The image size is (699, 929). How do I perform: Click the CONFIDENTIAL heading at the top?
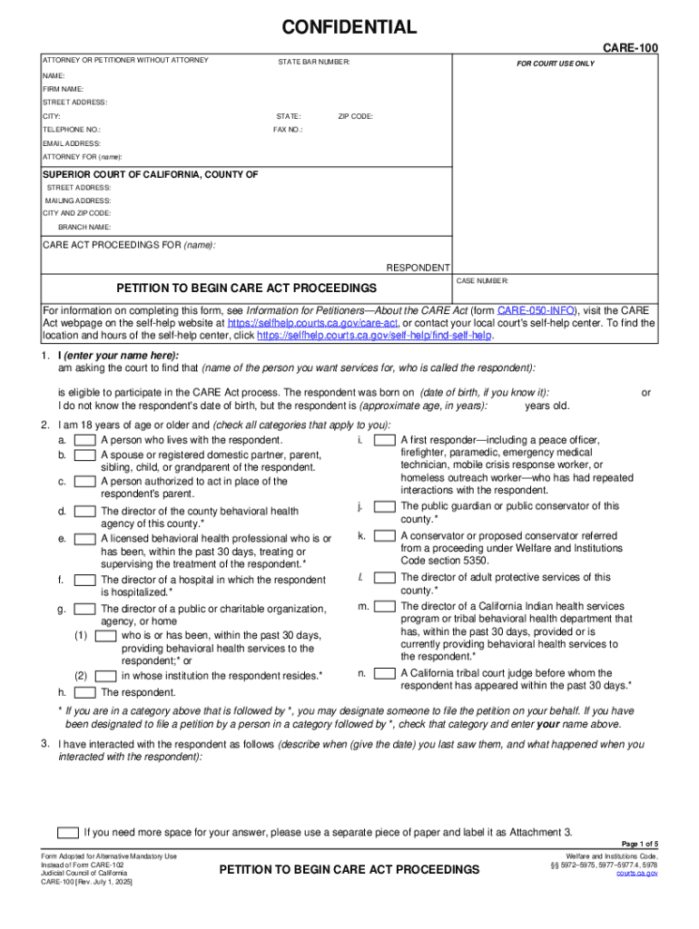coord(349,27)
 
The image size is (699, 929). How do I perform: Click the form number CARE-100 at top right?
coord(631,46)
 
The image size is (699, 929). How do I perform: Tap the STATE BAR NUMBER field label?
coord(313,62)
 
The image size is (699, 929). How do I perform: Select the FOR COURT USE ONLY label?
coord(556,64)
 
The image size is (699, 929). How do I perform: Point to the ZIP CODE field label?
coord(355,116)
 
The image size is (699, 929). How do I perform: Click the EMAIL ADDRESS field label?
coord(72,143)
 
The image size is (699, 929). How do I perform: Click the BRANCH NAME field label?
coord(84,227)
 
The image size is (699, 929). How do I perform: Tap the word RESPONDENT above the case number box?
coord(418,268)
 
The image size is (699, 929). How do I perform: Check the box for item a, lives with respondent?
coord(85,440)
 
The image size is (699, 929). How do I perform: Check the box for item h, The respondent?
coord(85,692)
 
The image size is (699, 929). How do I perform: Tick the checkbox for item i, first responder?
coord(385,440)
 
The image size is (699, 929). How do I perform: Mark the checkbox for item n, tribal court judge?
coord(385,673)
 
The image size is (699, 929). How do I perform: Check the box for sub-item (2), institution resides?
coord(105,676)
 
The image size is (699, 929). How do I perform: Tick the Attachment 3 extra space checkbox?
coord(67,832)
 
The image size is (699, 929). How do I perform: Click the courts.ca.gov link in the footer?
coord(637,873)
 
